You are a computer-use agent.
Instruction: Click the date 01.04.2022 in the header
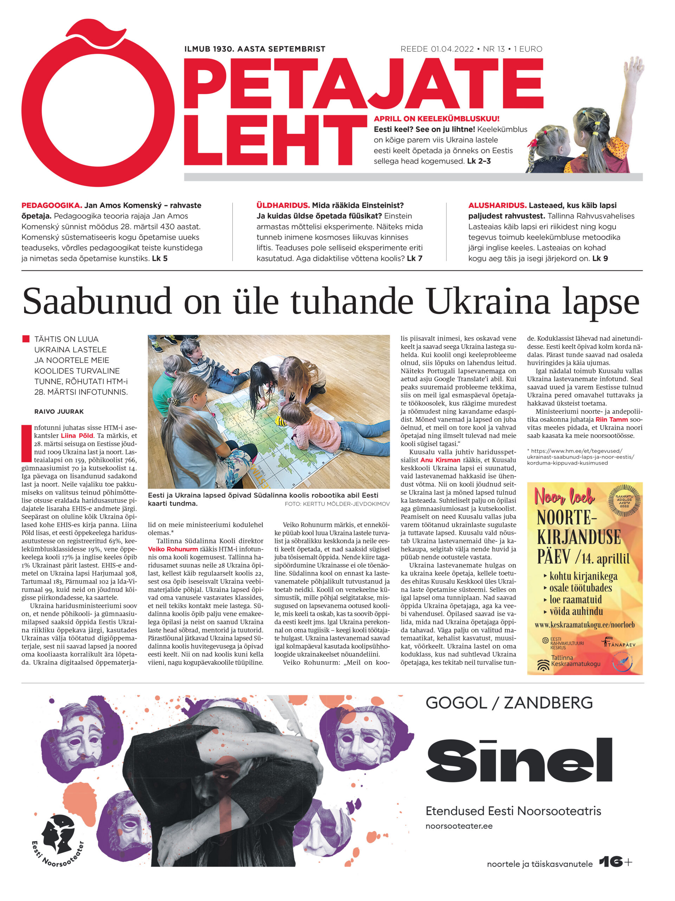pos(452,49)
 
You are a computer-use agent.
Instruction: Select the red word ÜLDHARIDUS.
pos(283,205)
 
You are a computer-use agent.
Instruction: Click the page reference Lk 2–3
pos(479,161)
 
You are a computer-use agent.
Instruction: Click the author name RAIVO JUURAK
pos(59,411)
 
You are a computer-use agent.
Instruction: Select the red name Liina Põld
pos(77,435)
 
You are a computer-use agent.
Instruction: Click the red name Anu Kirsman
pos(440,460)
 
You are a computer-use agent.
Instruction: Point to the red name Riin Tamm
pos(611,420)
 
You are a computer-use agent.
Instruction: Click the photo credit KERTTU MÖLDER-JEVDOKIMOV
pos(337,504)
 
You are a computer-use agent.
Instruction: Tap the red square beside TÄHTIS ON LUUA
pos(26,339)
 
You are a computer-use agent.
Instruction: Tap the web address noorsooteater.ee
pos(459,826)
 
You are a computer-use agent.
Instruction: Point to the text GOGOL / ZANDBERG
pos(509,703)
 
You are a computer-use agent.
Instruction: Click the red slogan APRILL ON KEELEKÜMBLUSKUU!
pos(437,119)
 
